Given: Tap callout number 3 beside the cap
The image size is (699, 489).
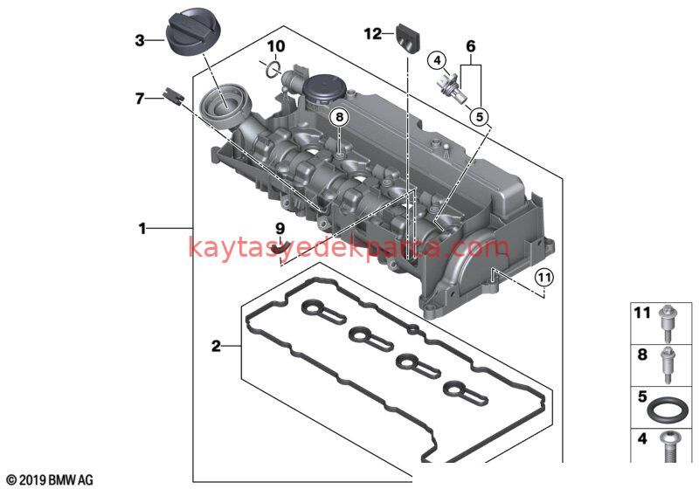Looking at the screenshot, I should [x=139, y=39].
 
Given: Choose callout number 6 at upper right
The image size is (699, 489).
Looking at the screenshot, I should [x=470, y=45].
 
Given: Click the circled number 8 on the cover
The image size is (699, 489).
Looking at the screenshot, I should [x=339, y=116].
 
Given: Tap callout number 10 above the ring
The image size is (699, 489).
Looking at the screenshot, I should [x=275, y=45].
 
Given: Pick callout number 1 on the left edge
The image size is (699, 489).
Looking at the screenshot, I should [x=142, y=229].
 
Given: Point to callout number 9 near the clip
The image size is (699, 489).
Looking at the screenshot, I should [x=280, y=230].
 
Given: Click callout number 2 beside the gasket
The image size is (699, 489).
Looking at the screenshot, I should [x=216, y=347].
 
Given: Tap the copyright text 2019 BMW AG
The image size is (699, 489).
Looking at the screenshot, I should [x=49, y=479].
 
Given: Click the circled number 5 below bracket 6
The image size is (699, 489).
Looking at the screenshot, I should [x=479, y=114].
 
